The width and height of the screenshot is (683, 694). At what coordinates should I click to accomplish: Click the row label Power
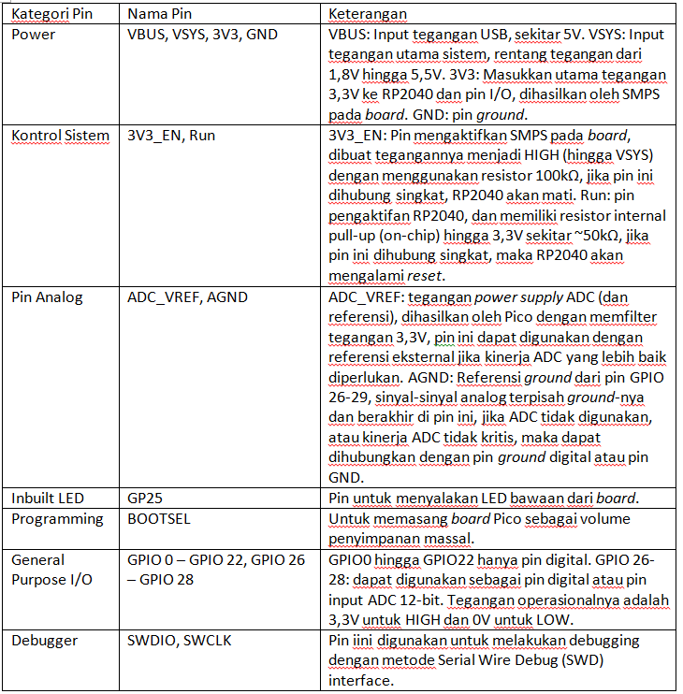pyautogui.click(x=33, y=35)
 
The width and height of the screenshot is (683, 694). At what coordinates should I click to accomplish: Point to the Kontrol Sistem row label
pyautogui.click(x=61, y=136)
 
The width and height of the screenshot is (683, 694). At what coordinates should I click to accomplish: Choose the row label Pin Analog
pyautogui.click(x=47, y=297)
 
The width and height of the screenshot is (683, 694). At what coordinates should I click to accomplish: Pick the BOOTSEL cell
pyautogui.click(x=157, y=519)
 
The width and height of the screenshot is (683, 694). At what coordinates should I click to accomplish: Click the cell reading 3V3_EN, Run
pyautogui.click(x=171, y=136)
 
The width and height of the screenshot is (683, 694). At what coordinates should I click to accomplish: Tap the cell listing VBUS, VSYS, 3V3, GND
pyautogui.click(x=203, y=35)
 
